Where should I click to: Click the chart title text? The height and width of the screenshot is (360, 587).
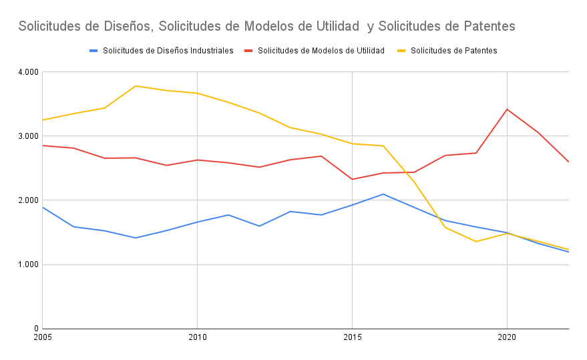pos(266,26)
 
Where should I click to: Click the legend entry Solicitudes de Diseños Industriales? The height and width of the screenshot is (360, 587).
pos(168,51)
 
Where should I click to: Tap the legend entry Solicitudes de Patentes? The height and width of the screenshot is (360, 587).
pos(453,51)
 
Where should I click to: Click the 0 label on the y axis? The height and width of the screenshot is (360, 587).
pos(35,329)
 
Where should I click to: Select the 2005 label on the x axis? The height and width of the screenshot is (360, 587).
pos(42,339)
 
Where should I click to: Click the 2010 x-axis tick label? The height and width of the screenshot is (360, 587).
pos(197,339)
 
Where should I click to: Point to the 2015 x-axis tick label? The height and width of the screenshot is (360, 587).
pos(352,339)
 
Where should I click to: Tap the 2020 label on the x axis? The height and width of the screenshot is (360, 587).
pos(507,339)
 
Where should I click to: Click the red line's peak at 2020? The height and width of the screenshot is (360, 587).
pos(507,109)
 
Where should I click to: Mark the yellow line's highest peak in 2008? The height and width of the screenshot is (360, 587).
pos(136,85)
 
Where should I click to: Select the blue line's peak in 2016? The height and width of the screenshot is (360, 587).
pos(383,194)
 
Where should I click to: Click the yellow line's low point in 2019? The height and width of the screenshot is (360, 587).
pos(475,241)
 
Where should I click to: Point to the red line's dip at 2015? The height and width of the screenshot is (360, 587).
pos(352,179)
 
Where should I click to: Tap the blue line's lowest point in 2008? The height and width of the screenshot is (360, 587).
pos(136,238)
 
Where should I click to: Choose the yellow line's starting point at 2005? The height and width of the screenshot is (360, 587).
pos(43,120)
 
